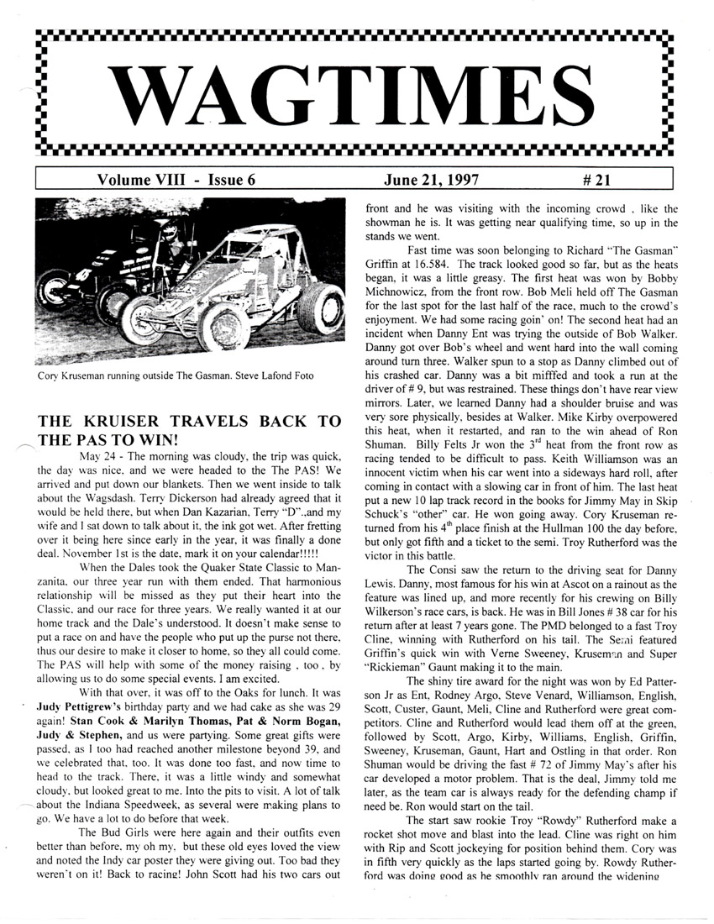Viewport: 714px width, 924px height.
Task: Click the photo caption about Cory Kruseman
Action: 164,375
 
